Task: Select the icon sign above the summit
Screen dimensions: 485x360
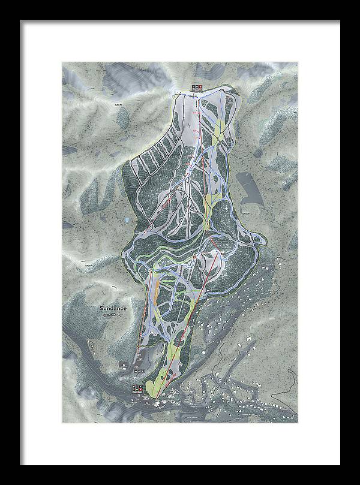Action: pos(197,88)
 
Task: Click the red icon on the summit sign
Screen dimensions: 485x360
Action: pos(193,88)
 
